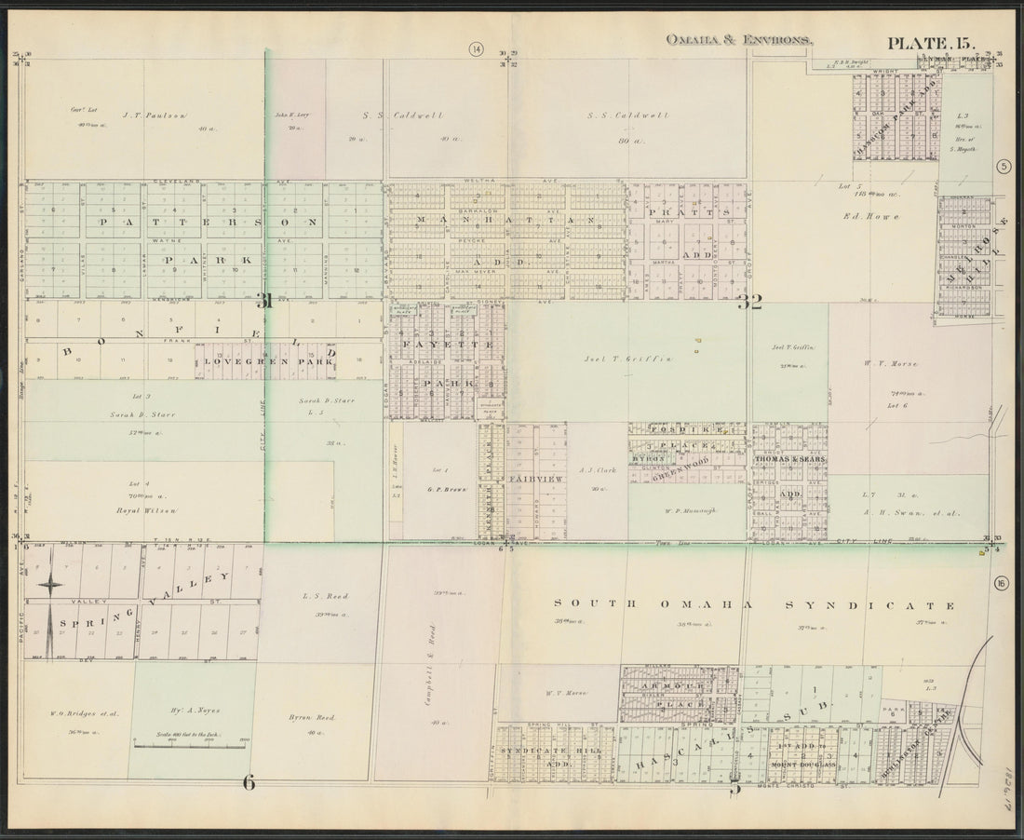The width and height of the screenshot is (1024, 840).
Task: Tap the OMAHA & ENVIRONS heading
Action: [739, 40]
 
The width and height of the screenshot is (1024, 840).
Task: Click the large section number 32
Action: [750, 301]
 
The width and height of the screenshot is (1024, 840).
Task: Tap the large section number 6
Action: [249, 782]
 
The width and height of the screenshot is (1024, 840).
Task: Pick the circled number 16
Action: [1001, 583]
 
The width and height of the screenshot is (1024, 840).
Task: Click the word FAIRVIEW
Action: [534, 477]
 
